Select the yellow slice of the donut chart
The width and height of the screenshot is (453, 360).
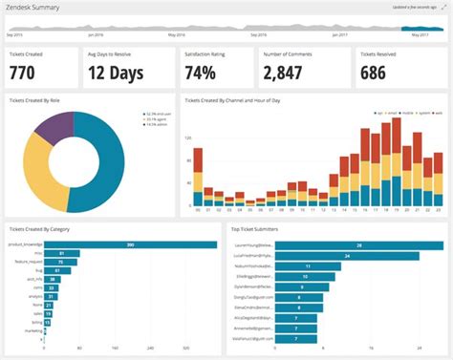coord(45,177)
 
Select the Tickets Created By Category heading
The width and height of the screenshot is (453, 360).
coord(39,229)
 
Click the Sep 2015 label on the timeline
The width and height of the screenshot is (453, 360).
coord(15,34)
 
